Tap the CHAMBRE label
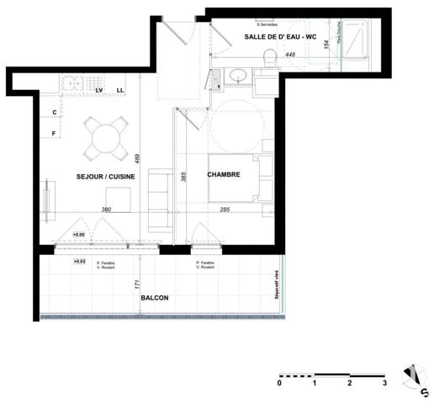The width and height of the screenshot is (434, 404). point(225,176)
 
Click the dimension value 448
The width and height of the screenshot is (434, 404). point(290,55)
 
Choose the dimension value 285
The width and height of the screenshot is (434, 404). point(225,210)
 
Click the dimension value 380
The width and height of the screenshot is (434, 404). point(106,210)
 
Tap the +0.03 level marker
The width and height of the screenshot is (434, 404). point(80,262)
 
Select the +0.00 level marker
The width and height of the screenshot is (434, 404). point(78,234)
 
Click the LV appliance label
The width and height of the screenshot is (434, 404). point(99,90)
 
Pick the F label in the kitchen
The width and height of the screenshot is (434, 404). point(54,133)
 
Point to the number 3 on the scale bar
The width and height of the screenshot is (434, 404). point(384,383)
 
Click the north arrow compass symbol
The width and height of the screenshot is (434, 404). point(414,377)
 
